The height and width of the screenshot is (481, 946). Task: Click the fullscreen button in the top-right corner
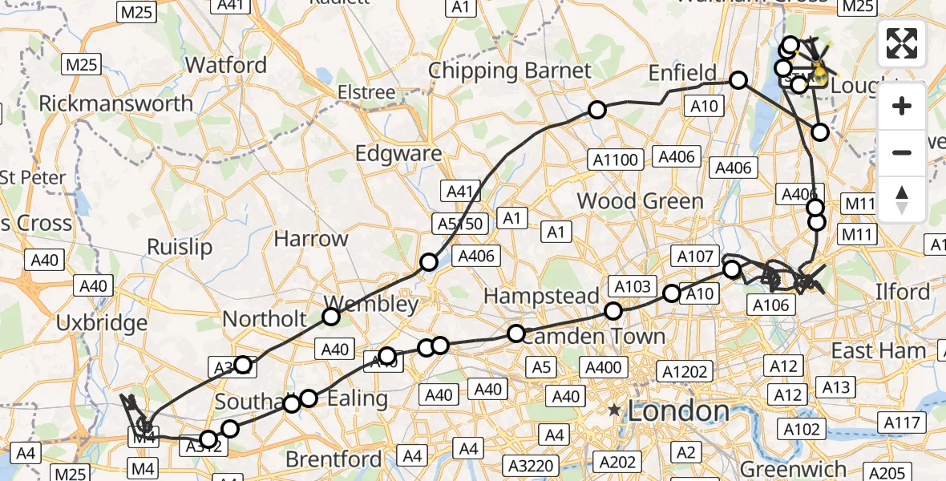[x=902, y=43]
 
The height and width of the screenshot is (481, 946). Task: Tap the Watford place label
[x=225, y=64]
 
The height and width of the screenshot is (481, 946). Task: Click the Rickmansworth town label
[x=116, y=103]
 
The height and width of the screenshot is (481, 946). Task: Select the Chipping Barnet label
[x=510, y=71]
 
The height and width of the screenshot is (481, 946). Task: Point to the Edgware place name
[x=398, y=153]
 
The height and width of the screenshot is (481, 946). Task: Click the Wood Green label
[x=640, y=200]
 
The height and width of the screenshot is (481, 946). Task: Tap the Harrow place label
[x=311, y=238]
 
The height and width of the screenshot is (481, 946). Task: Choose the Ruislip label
[x=180, y=247]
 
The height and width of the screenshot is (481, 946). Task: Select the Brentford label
[x=334, y=459]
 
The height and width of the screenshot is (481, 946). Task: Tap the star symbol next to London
[x=614, y=411]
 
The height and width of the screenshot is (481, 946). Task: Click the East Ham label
[x=879, y=350]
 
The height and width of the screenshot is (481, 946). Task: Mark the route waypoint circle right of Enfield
[x=738, y=80]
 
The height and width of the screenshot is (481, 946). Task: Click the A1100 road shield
[x=617, y=160]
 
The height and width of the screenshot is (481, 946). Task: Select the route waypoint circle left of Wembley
[x=331, y=317]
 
